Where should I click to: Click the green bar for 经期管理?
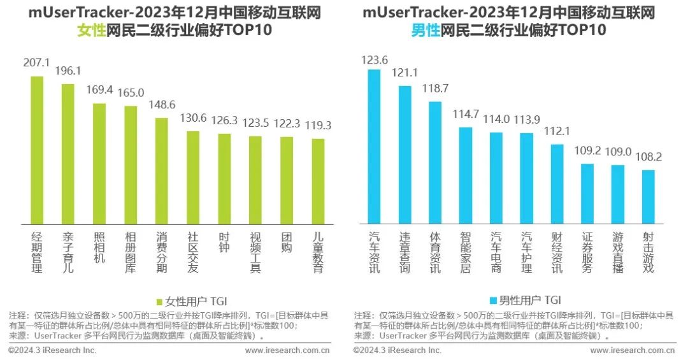(x=37, y=150)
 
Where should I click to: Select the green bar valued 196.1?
(x=68, y=154)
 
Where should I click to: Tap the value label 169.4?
(x=99, y=90)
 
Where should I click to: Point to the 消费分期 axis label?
(x=162, y=252)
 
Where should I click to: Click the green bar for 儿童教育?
(x=318, y=181)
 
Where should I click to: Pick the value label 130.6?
(x=193, y=118)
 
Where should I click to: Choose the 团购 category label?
(x=287, y=243)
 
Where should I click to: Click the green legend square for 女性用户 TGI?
(x=159, y=301)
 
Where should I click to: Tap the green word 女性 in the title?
(x=91, y=30)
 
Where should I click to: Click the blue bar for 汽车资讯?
(x=374, y=147)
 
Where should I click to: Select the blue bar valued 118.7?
(x=434, y=162)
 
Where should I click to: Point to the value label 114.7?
(x=466, y=114)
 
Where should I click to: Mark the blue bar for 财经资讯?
(x=557, y=184)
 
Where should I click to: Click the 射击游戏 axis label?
(x=648, y=252)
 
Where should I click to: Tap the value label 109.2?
(x=587, y=151)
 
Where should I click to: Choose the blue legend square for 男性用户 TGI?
(x=493, y=301)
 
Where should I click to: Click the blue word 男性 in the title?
(x=426, y=30)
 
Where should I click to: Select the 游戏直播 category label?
(x=618, y=252)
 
